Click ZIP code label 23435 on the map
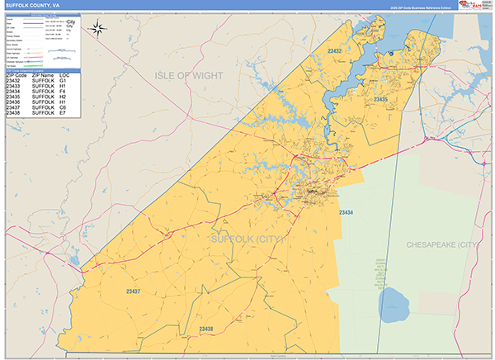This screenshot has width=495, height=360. click(x=380, y=99)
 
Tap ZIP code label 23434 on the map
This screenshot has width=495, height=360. click(x=346, y=213)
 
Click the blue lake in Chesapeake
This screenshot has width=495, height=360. click(x=394, y=305)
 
